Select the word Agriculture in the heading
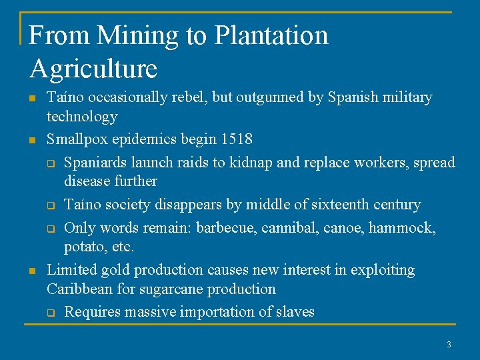93,69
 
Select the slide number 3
449,345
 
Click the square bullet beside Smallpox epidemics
31,140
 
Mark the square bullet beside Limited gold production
31,271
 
